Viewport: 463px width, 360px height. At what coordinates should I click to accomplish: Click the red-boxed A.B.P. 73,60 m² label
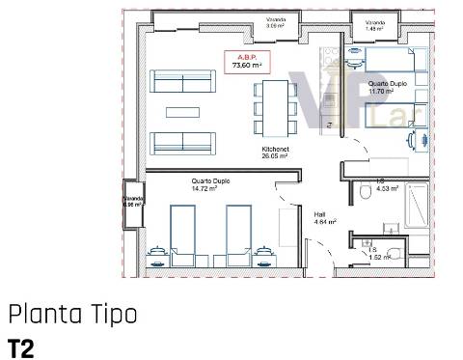pos(242,62)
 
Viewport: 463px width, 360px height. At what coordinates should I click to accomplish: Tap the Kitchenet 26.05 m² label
pos(277,153)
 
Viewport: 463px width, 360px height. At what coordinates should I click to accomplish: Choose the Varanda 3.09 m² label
pos(276,22)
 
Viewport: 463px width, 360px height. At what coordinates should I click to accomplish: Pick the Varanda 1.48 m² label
pos(375,23)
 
